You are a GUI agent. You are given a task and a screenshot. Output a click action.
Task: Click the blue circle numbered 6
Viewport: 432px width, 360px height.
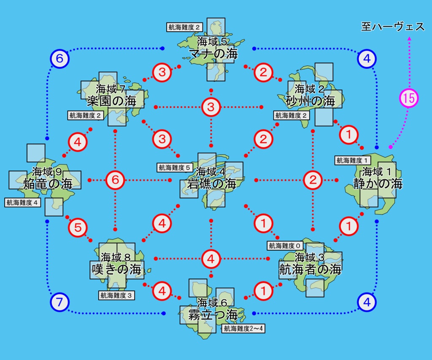pyautogui.click(x=59, y=59)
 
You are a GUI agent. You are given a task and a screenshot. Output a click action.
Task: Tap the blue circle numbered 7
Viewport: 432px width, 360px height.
pyautogui.click(x=59, y=302)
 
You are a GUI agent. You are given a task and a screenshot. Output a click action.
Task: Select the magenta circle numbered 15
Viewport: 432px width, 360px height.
pyautogui.click(x=408, y=98)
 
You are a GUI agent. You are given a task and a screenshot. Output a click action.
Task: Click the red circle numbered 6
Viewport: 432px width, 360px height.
pyautogui.click(x=115, y=181)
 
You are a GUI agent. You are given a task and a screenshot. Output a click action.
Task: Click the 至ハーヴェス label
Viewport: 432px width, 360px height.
pyautogui.click(x=393, y=27)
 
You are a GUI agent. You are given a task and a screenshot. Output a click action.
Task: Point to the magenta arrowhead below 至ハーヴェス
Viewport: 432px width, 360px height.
pyautogui.click(x=409, y=39)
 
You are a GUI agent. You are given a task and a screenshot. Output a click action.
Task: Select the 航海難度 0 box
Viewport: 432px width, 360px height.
pyautogui.click(x=285, y=245)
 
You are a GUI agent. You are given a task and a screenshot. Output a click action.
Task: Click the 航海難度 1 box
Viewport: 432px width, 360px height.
pyautogui.click(x=353, y=160)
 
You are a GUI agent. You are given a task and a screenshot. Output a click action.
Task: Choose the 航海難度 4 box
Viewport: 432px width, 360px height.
pyautogui.click(x=23, y=203)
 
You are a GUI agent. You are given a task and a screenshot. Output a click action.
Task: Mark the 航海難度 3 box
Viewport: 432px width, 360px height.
pyautogui.click(x=116, y=295)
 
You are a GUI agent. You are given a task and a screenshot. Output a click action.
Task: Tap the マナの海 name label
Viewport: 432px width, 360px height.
pyautogui.click(x=213, y=54)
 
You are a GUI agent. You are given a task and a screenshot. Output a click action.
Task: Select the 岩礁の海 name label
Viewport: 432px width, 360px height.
pyautogui.click(x=212, y=184)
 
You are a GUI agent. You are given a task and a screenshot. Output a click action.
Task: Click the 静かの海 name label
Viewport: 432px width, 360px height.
pyautogui.click(x=378, y=183)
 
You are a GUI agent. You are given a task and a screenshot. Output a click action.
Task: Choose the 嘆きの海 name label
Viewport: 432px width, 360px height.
pyautogui.click(x=116, y=269)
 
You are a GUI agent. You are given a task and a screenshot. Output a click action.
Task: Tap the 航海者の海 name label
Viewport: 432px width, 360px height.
pyautogui.click(x=310, y=269)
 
